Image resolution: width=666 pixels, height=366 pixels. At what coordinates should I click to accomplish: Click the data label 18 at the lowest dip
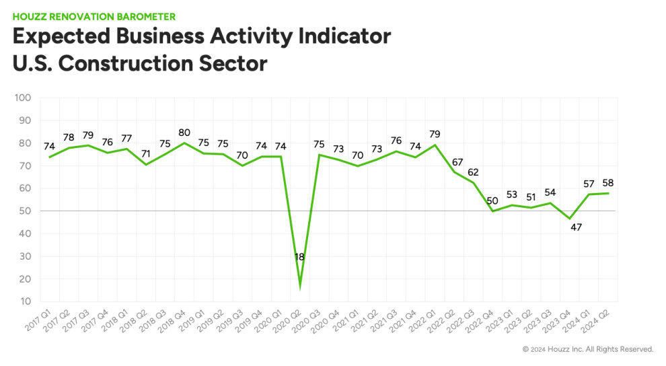(299, 257)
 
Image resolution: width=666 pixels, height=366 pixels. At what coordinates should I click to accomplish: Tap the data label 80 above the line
(184, 132)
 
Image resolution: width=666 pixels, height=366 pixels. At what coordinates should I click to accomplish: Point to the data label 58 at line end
(608, 183)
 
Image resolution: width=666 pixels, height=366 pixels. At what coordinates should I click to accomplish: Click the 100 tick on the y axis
(23, 98)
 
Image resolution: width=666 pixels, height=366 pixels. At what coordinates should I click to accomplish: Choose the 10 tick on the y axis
(26, 302)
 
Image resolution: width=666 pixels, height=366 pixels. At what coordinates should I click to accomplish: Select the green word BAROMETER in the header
(143, 16)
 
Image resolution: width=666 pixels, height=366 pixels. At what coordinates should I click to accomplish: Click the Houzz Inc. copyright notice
(588, 349)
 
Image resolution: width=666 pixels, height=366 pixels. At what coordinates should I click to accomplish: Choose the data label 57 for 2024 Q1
(589, 184)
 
